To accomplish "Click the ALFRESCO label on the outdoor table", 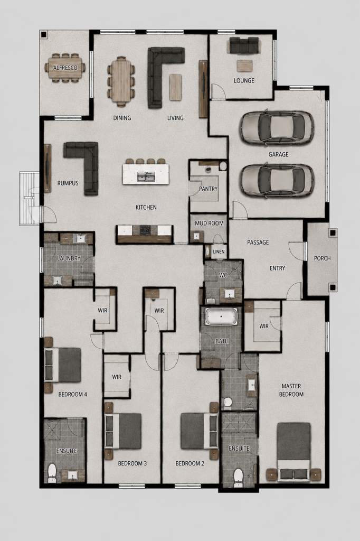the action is pos(65,68).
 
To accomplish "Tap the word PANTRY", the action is pos(209,189).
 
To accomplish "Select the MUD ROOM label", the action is pos(209,223).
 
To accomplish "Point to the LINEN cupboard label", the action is pos(219,251).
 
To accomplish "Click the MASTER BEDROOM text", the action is pos(291,390).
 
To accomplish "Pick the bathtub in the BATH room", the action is pos(221,317).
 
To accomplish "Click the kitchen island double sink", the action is pos(146,176).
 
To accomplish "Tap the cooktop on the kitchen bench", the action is pos(145,230).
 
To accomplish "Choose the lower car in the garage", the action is pos(277,181).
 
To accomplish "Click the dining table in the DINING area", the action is pos(121,81).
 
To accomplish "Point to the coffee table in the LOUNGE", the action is pos(244,66).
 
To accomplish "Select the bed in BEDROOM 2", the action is pos(200,431).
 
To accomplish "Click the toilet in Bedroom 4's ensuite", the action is pos(52,473).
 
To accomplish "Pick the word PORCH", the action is pos(323,258).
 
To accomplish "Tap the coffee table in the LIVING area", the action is pos(175,88).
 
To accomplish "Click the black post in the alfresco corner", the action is pos(44,34).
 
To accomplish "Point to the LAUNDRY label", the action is pos(69,258).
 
